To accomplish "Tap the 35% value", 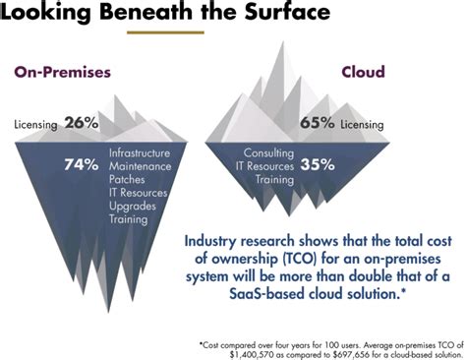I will pos(317,165).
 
